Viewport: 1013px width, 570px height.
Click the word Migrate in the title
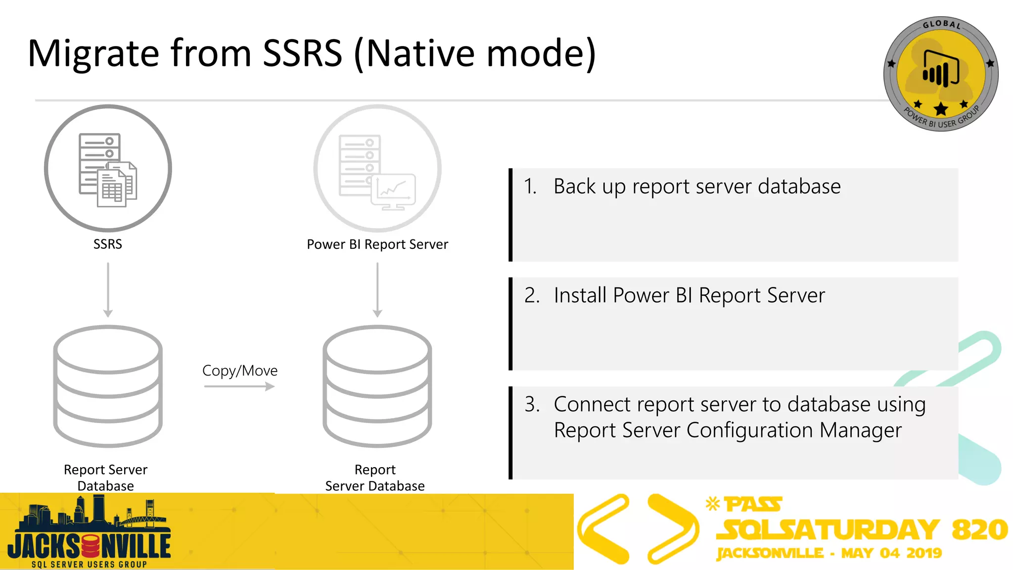coord(93,53)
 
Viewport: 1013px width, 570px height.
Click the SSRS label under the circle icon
coord(107,244)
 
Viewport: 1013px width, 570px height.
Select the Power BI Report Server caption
coord(377,244)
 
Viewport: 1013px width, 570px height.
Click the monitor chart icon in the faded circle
coord(394,191)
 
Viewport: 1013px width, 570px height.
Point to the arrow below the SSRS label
coord(108,290)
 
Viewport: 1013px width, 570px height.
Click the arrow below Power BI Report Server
coord(377,290)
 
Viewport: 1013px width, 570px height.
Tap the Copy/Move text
coord(240,371)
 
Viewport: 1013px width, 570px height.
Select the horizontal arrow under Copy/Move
coord(239,386)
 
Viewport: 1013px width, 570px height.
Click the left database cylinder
coord(108,386)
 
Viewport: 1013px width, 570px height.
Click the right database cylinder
coord(377,386)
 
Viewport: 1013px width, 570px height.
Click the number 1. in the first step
coord(530,187)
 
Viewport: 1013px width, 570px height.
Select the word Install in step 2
coord(580,295)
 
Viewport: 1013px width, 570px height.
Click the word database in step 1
coord(799,187)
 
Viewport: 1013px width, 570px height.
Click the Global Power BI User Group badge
coord(940,74)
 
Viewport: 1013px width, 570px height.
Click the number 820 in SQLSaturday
coord(979,529)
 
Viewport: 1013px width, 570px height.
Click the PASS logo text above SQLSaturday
coord(752,504)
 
